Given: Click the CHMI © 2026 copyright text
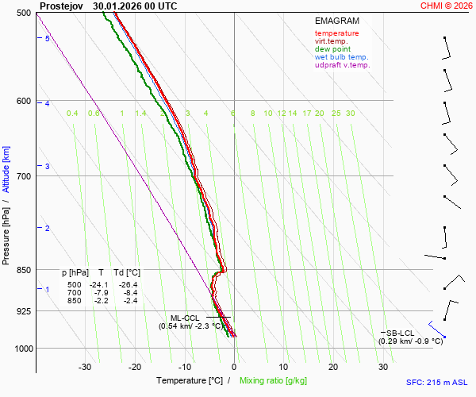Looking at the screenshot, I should click(446, 6).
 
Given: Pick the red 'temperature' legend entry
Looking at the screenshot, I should click(336, 33).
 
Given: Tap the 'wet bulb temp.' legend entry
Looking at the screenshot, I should click(341, 57).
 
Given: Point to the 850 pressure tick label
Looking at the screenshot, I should click(23, 271).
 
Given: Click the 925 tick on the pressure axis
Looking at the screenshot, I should click(23, 311).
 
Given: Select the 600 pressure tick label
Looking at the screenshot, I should click(23, 101).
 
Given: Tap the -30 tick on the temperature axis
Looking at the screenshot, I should click(85, 367).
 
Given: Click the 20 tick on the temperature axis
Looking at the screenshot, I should click(333, 367).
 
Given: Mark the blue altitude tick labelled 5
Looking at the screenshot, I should click(48, 39).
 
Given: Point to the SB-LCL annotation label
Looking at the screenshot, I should click(401, 333).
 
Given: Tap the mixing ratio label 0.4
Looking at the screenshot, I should click(72, 114).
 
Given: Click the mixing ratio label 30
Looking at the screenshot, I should click(350, 114).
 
